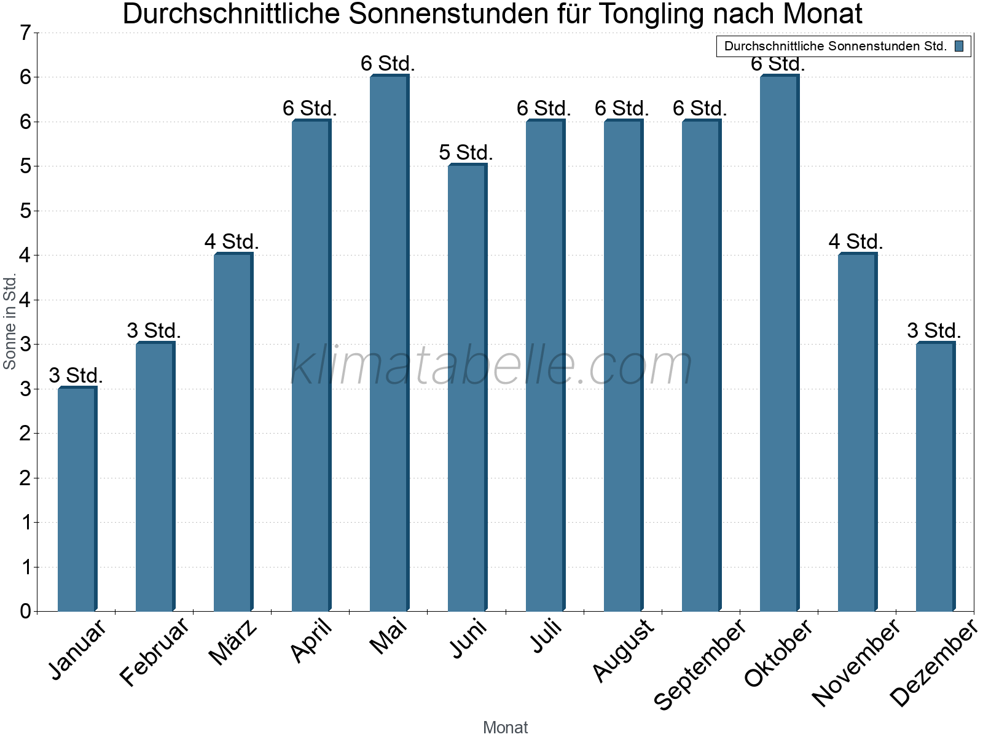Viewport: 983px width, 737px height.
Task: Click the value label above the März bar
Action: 232,241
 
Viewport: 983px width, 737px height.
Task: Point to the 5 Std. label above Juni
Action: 466,152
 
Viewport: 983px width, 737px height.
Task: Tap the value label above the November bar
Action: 856,241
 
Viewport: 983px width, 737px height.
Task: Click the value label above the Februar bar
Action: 154,330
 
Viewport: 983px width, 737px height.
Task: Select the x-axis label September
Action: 700,664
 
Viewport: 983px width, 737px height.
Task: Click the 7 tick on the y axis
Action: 25,33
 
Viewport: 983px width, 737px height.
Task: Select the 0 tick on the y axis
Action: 25,611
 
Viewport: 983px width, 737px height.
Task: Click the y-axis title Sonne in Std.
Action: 10,322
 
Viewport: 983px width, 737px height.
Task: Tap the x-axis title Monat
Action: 505,727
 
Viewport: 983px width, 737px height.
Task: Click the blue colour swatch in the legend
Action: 959,46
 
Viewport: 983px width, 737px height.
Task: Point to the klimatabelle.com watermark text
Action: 491,365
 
